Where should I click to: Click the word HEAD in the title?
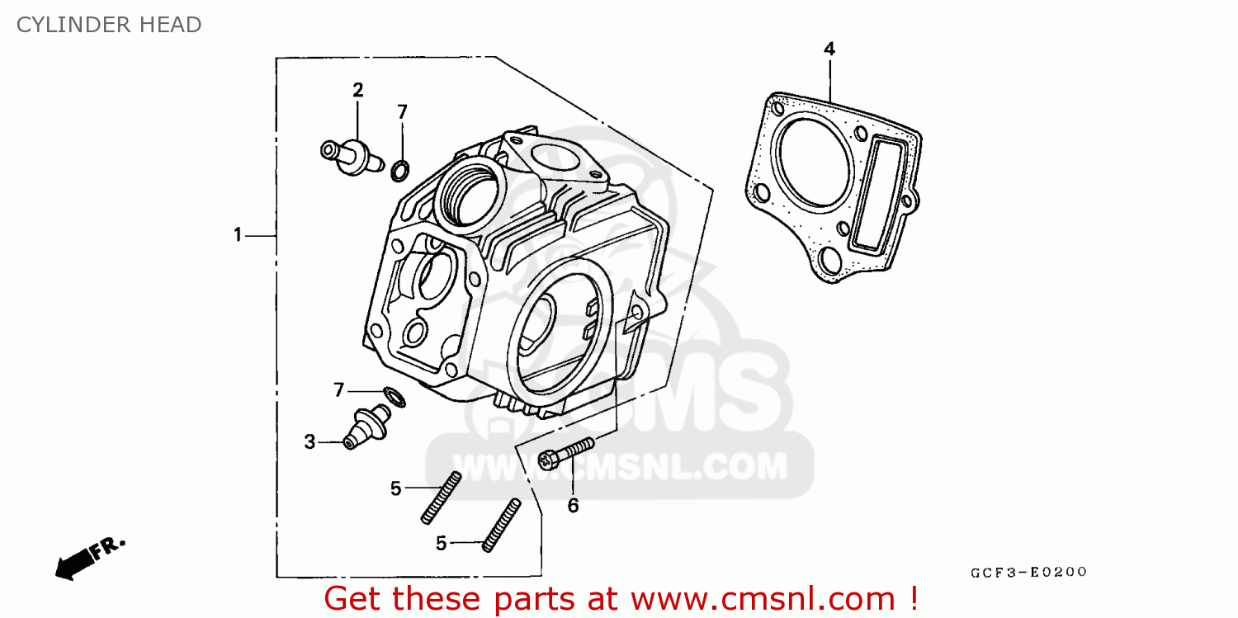tap(170, 25)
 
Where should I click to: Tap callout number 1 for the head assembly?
tap(238, 235)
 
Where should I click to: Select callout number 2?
tap(358, 90)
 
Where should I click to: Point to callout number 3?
tap(309, 442)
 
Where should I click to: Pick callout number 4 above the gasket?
tap(829, 50)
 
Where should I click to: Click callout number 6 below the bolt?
tap(573, 505)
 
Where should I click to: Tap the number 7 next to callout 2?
tap(402, 112)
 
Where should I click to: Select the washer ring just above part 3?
tap(395, 396)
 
